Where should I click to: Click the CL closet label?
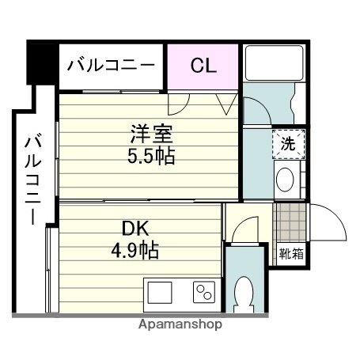[x=203, y=66]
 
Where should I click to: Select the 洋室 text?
[x=151, y=134]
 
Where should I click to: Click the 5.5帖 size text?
[x=151, y=155]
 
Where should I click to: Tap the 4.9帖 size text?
[x=136, y=252]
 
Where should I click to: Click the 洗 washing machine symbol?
[x=288, y=146]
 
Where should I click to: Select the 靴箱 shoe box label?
[x=289, y=254]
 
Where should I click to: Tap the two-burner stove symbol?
[x=204, y=293]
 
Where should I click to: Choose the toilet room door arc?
[x=244, y=229]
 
